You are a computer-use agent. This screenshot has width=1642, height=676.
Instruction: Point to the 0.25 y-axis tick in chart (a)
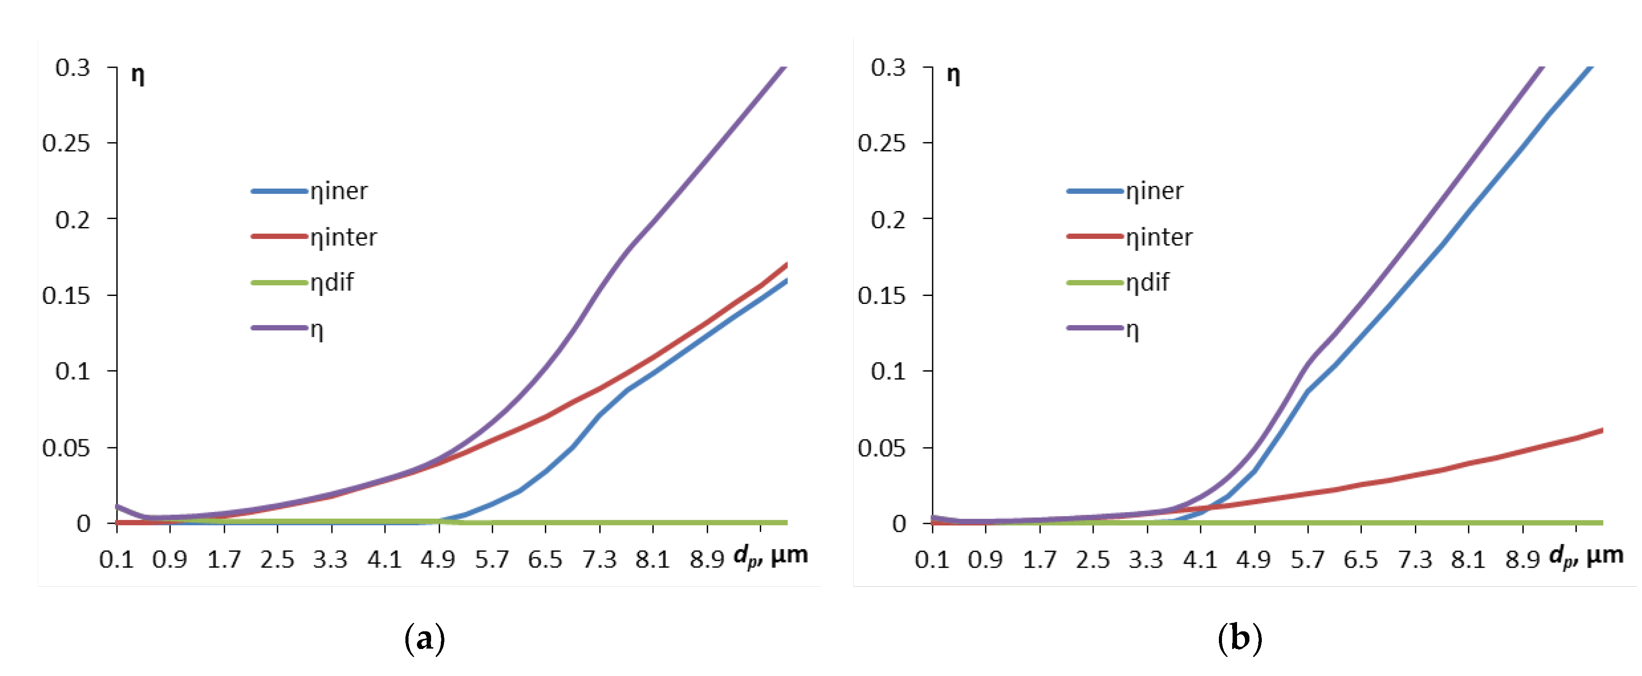[66, 143]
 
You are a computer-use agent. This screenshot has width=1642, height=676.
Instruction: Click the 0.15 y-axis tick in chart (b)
[882, 296]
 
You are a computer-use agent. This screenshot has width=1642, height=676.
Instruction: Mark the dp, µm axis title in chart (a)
[770, 556]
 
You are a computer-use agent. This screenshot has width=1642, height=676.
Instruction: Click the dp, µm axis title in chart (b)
[1586, 556]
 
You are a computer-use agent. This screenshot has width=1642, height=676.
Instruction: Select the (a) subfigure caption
[424, 638]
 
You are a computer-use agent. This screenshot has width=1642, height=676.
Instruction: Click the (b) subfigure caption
[1240, 638]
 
